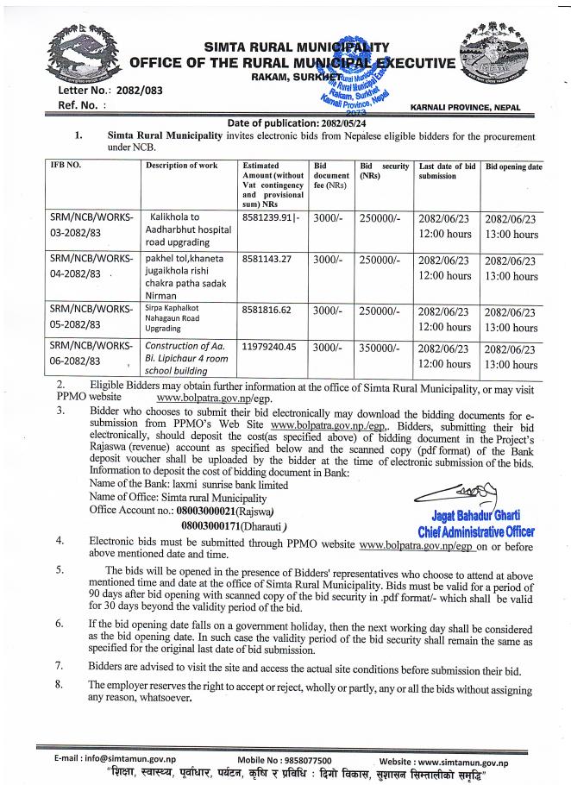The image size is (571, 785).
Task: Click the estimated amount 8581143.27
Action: (269, 257)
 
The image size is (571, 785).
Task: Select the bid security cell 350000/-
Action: (380, 346)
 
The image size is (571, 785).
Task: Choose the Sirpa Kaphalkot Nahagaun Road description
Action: (182, 317)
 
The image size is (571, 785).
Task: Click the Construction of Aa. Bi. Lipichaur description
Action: (190, 353)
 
